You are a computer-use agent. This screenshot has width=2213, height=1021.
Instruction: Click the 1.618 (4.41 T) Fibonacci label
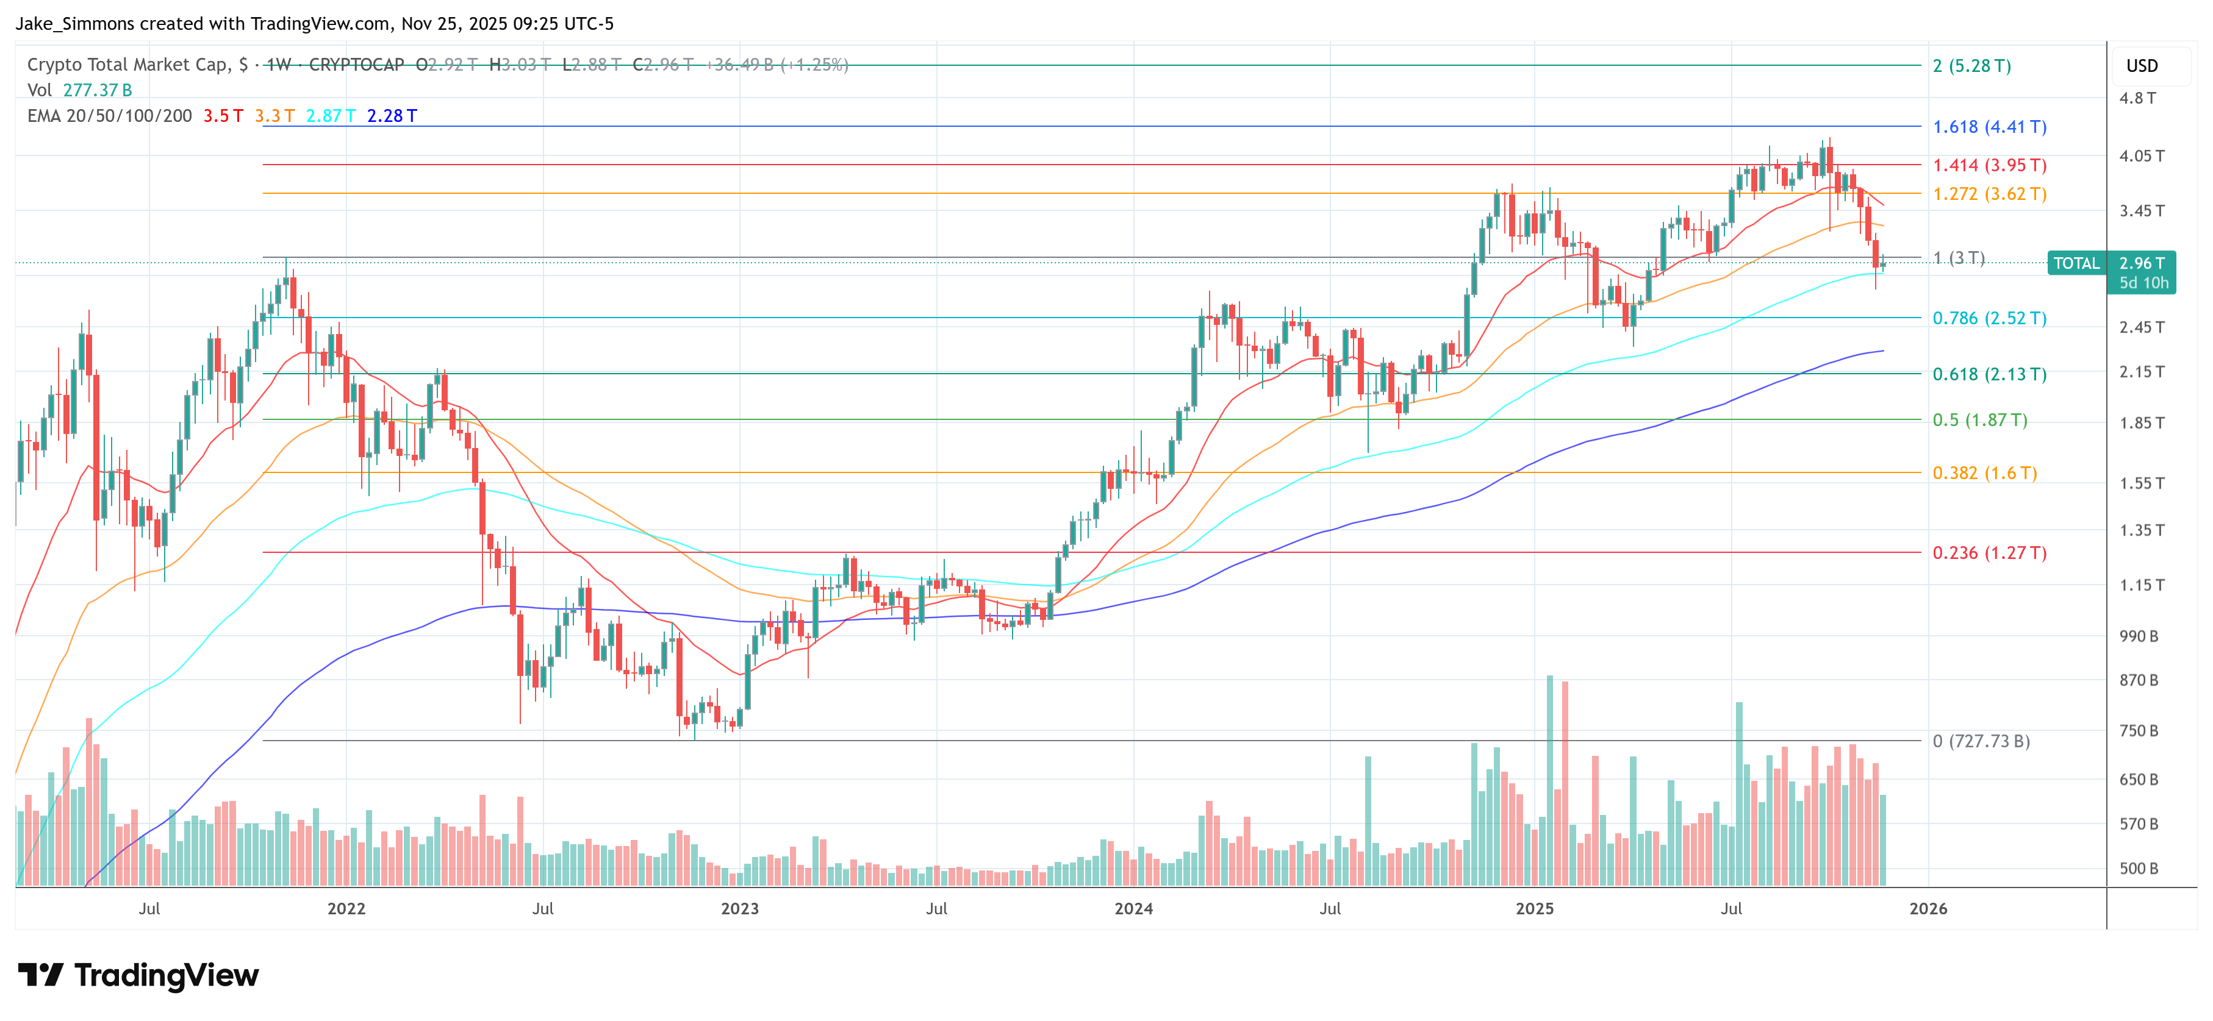pyautogui.click(x=1989, y=127)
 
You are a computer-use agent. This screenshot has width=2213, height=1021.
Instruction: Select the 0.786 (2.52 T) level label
pyautogui.click(x=1989, y=319)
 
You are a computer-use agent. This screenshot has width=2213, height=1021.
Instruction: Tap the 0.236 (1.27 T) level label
pyautogui.click(x=1989, y=553)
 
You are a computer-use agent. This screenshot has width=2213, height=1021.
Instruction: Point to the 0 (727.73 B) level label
pyautogui.click(x=1980, y=741)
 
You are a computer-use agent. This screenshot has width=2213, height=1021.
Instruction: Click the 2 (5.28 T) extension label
pyautogui.click(x=1971, y=66)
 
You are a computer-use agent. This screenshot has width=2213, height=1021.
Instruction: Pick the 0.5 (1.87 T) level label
pyautogui.click(x=1979, y=420)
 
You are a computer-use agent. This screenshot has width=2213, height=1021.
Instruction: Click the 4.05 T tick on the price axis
pyautogui.click(x=2141, y=156)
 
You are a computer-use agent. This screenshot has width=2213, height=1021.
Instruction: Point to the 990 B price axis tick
pyautogui.click(x=2138, y=636)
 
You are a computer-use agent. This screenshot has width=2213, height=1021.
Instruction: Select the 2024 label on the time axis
pyautogui.click(x=1133, y=908)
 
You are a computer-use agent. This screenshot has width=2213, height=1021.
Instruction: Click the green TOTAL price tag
pyautogui.click(x=2076, y=263)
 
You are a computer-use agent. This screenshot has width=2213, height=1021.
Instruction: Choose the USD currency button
pyautogui.click(x=2141, y=66)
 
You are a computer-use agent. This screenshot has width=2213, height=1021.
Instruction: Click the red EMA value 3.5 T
pyautogui.click(x=223, y=116)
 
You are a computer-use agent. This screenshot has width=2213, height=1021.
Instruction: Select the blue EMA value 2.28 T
pyautogui.click(x=392, y=116)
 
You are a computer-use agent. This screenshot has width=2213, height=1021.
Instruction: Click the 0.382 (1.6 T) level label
pyautogui.click(x=1984, y=473)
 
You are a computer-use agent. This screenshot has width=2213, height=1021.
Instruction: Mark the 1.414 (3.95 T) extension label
pyautogui.click(x=1989, y=165)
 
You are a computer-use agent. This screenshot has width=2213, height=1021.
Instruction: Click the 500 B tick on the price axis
pyautogui.click(x=2138, y=868)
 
